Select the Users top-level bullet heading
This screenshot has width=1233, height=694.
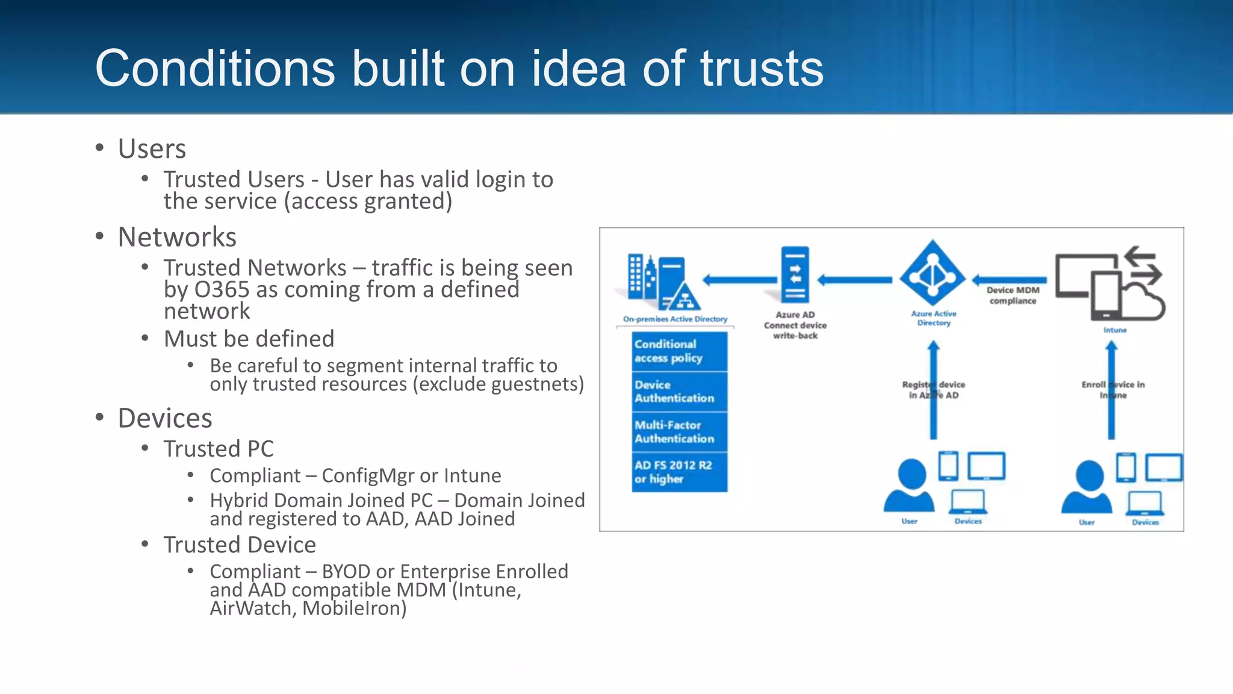click(152, 149)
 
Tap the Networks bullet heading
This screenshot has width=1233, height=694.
click(177, 237)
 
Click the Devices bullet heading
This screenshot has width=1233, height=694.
click(165, 418)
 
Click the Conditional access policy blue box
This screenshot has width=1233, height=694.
click(679, 351)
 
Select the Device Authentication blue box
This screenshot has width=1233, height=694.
click(679, 392)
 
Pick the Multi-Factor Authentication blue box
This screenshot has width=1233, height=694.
click(679, 432)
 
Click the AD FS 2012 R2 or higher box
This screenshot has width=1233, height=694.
click(679, 472)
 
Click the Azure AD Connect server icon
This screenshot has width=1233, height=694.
click(795, 275)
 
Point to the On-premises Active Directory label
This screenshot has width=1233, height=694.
click(675, 319)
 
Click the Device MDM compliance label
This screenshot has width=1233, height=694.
click(1013, 295)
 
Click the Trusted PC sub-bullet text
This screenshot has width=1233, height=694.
click(219, 449)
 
